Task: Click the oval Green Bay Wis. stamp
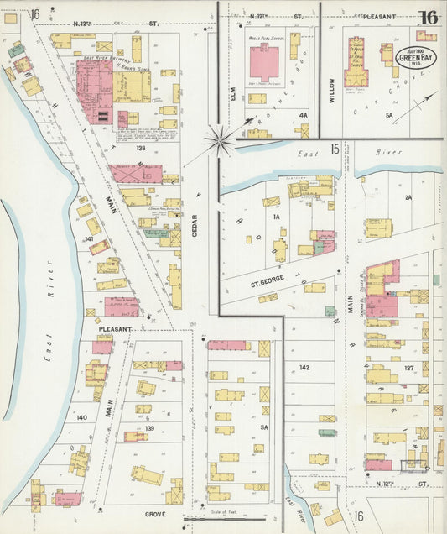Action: (415, 57)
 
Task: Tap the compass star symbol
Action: (221, 141)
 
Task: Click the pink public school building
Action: (264, 63)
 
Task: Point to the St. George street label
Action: (268, 285)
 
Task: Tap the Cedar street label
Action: (195, 225)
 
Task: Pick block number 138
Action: (140, 148)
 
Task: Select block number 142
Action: (304, 368)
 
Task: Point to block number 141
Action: (88, 239)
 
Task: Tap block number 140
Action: (81, 417)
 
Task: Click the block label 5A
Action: (388, 115)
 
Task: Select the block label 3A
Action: (263, 427)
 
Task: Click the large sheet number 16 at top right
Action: (429, 17)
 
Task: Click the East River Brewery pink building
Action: (94, 88)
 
